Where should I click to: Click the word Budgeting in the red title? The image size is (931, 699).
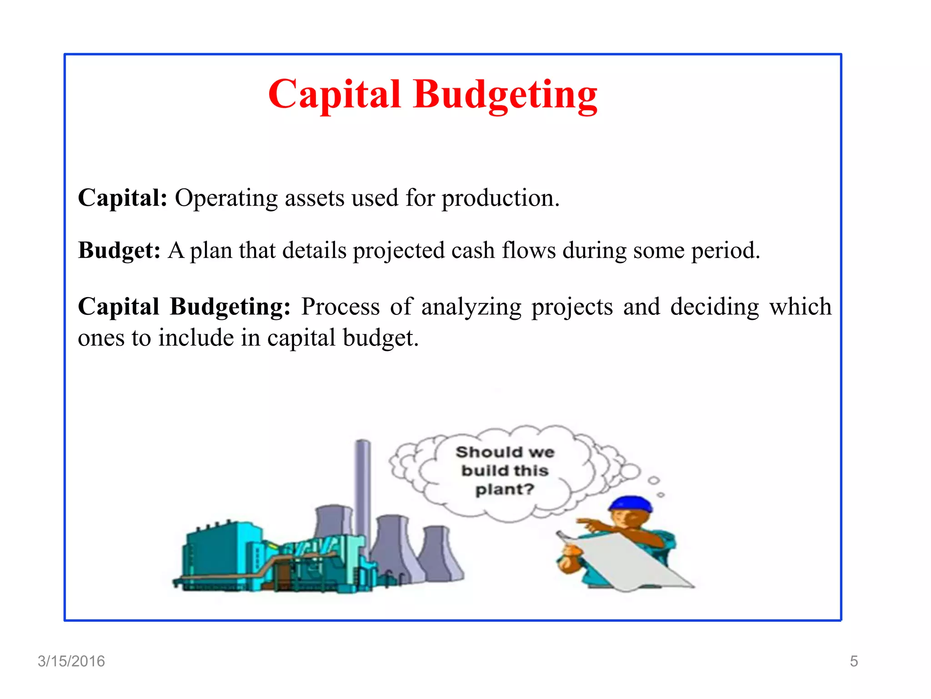tap(505, 94)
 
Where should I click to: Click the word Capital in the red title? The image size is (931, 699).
tap(335, 94)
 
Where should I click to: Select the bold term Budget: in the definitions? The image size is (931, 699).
tap(119, 250)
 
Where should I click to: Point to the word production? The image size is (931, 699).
tap(500, 198)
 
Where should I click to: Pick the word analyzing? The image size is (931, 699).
tap(471, 307)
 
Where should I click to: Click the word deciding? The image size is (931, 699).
tap(715, 306)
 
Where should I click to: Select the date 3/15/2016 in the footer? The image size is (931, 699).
tap(71, 661)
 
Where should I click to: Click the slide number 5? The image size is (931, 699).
tap(854, 661)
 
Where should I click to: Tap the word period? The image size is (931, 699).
tap(726, 251)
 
